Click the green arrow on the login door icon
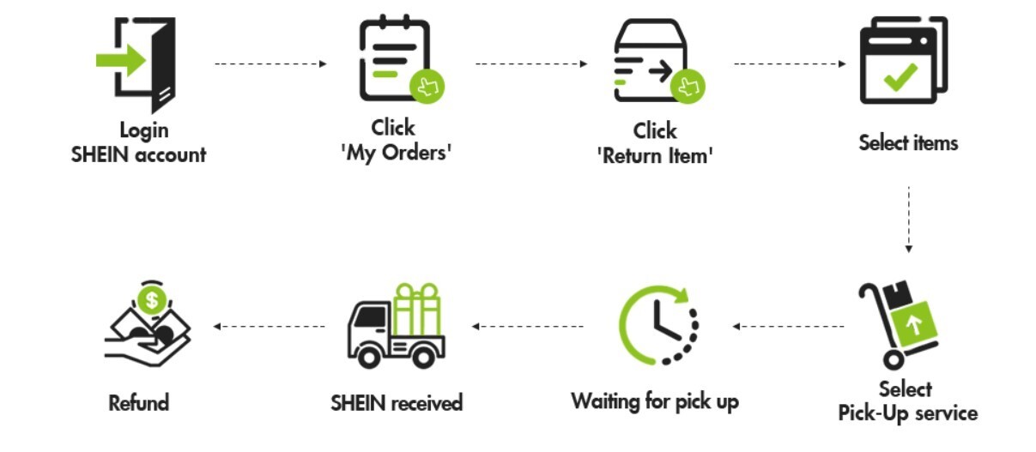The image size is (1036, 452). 120,61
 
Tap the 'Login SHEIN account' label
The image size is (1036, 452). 139,143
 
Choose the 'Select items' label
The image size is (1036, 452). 907,142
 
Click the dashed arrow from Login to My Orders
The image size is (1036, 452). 270,63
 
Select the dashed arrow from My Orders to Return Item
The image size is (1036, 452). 531,63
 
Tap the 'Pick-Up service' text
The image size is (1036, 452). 907,413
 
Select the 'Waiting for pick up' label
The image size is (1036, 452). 654,401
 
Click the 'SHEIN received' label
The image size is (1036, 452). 397,402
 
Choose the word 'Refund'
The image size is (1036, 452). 139,402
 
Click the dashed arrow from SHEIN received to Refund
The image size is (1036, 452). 270,326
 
